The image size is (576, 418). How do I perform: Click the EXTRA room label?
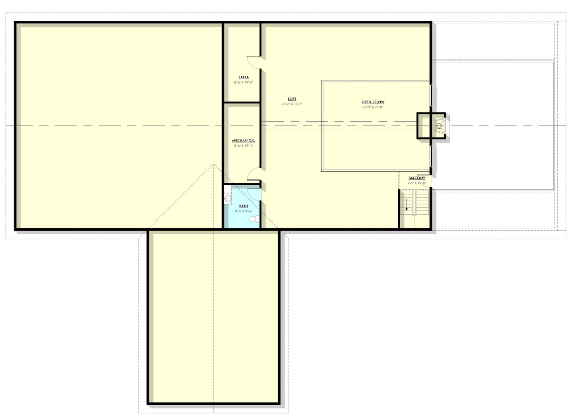244,77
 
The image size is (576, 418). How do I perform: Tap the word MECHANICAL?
244,141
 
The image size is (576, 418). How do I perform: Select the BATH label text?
244,206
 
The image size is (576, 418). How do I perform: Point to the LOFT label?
292,99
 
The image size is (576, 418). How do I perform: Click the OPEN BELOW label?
373,102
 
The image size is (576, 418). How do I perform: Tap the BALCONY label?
417,178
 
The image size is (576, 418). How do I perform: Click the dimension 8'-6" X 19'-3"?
244,82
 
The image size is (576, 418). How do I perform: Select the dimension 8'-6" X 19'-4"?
244,146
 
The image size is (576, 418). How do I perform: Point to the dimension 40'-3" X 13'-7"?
292,104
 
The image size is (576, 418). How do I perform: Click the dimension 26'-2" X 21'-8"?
373,107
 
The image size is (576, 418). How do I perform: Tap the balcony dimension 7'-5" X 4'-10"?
417,183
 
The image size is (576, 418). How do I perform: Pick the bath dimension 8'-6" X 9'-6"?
244,211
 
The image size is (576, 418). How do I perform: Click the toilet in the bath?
254,219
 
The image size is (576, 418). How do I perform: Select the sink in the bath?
228,198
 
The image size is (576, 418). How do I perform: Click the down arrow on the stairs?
407,207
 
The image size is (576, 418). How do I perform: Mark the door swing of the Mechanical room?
254,175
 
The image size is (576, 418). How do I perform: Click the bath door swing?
254,193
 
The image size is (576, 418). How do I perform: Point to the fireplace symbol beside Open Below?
439,126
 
